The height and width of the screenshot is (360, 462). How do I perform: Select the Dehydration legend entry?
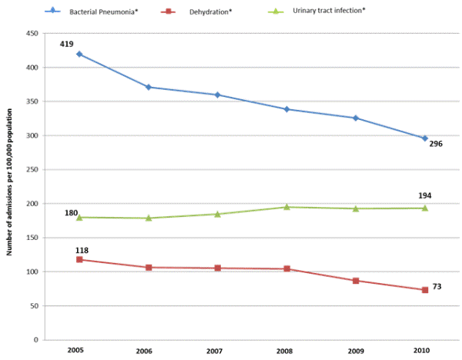click(x=207, y=11)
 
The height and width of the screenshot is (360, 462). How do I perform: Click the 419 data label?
click(x=66, y=44)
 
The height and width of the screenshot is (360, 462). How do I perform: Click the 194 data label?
click(x=423, y=195)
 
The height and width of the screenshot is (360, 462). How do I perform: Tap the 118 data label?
click(x=82, y=251)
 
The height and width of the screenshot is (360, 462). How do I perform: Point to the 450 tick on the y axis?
click(x=32, y=34)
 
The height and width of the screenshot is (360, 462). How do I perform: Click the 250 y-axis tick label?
click(x=32, y=170)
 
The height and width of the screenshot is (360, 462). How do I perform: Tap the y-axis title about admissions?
click(x=10, y=187)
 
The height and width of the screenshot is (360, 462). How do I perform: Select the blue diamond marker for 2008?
click(x=286, y=109)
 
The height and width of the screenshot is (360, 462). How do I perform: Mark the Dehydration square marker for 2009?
click(x=356, y=281)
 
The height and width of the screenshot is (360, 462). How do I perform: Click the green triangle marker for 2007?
click(x=217, y=214)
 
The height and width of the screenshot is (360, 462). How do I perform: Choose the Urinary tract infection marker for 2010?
click(x=424, y=208)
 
